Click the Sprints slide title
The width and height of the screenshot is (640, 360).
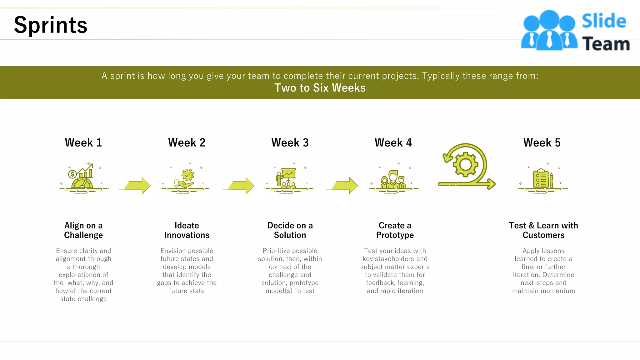click(51, 25)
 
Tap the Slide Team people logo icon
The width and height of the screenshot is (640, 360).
click(549, 31)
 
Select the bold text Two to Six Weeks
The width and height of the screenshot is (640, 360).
click(320, 88)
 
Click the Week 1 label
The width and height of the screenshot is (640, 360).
click(83, 143)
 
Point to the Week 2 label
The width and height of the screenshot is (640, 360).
click(187, 143)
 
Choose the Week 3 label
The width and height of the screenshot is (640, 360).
click(290, 143)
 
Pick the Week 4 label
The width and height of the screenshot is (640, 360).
click(393, 143)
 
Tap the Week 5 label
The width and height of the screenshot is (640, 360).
click(542, 143)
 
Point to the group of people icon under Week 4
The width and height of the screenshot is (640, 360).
click(393, 180)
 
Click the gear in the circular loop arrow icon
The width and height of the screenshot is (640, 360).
click(465, 164)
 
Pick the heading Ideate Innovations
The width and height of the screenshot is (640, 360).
click(187, 230)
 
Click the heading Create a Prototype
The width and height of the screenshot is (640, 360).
click(395, 230)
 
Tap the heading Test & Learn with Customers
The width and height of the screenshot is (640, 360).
click(543, 230)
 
